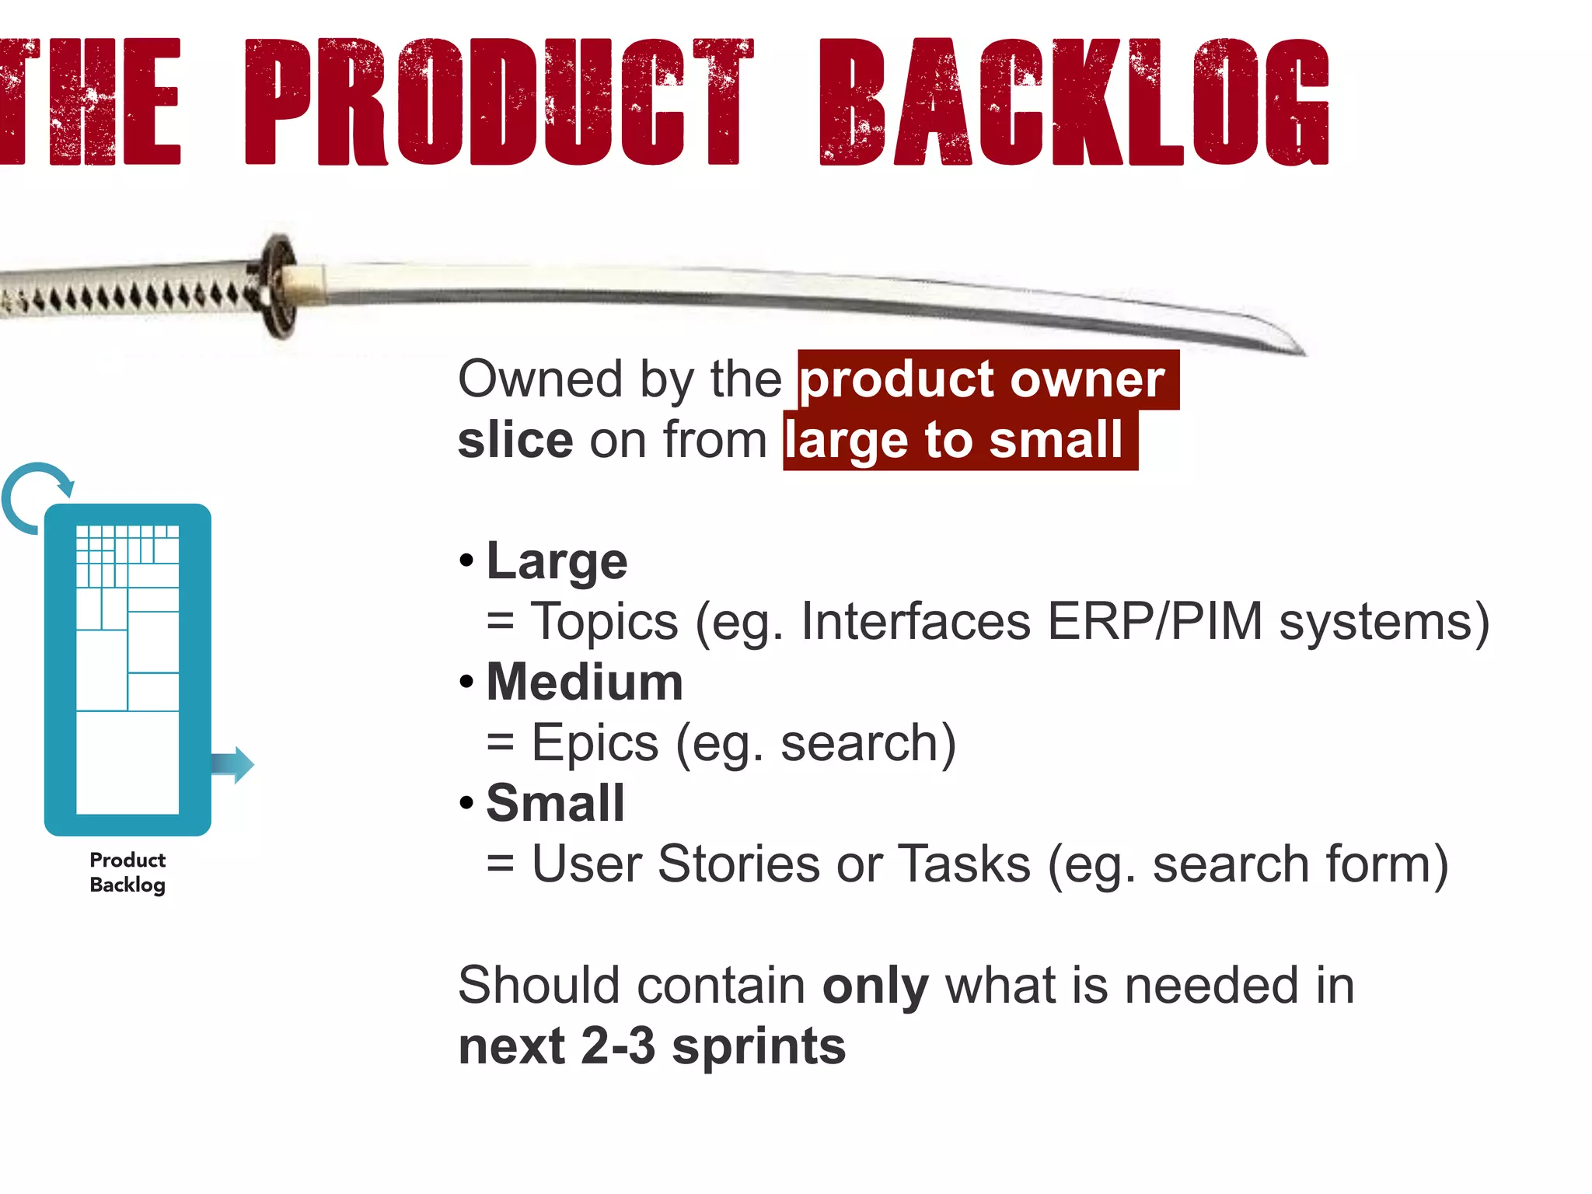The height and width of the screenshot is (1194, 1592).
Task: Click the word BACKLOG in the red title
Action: (1074, 103)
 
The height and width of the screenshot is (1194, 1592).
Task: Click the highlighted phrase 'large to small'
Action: (955, 441)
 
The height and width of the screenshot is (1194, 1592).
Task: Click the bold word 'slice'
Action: (515, 441)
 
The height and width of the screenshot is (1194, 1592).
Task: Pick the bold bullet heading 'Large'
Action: (557, 561)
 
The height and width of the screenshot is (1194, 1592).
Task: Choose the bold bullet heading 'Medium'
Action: (585, 683)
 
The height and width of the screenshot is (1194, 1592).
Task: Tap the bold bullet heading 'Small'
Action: (556, 803)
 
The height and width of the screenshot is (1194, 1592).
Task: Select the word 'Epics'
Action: (595, 743)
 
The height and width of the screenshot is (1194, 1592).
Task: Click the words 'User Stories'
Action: (676, 864)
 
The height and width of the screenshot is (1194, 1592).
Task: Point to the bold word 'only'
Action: (875, 986)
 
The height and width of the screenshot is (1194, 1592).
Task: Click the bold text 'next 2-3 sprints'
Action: (651, 1046)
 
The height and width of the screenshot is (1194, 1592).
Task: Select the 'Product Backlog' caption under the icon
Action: (127, 872)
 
